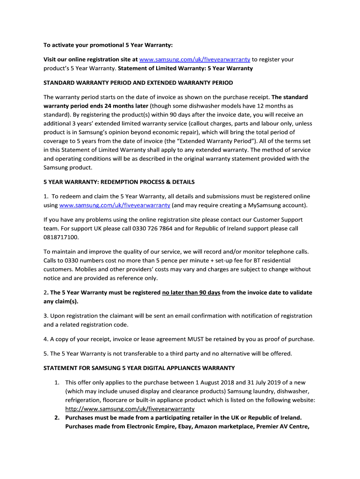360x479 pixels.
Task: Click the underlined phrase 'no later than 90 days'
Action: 191,292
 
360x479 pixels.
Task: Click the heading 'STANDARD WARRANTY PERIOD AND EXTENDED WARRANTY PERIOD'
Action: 138,83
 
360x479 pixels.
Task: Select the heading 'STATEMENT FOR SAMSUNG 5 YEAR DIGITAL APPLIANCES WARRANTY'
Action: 139,368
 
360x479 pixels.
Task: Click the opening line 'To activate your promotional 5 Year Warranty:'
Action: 108,45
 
